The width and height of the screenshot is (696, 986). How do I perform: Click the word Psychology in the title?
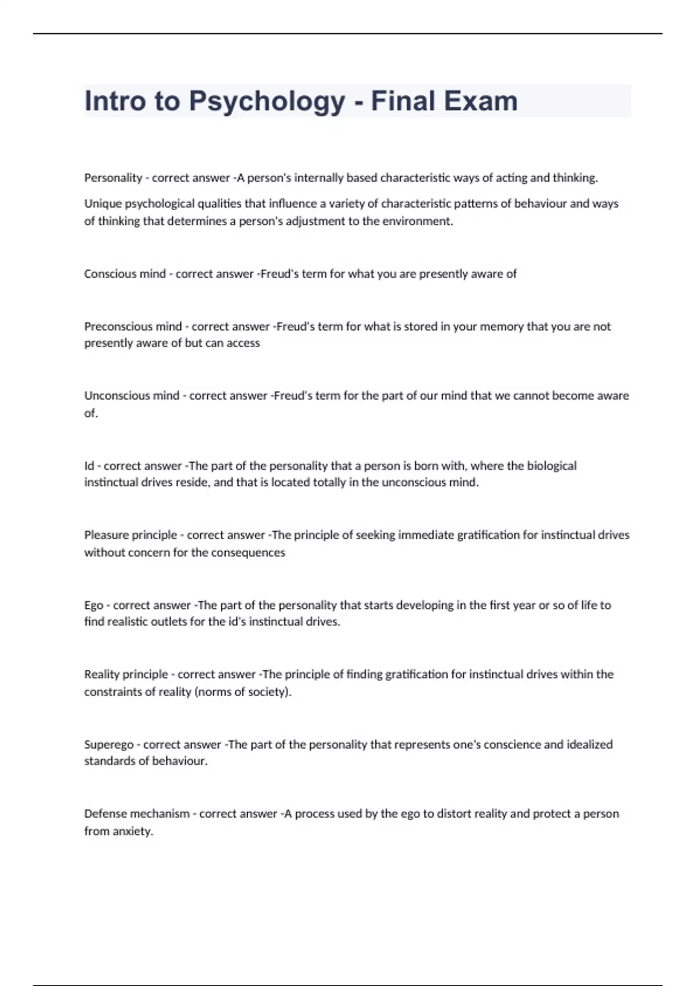pyautogui.click(x=267, y=101)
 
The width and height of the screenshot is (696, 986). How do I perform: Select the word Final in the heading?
pyautogui.click(x=403, y=101)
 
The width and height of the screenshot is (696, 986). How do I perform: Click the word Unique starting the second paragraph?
pyautogui.click(x=103, y=204)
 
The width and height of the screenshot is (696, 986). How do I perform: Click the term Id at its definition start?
pyautogui.click(x=89, y=466)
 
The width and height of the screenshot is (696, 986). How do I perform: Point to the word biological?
pyautogui.click(x=552, y=466)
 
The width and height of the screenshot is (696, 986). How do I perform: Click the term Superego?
pyautogui.click(x=108, y=744)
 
